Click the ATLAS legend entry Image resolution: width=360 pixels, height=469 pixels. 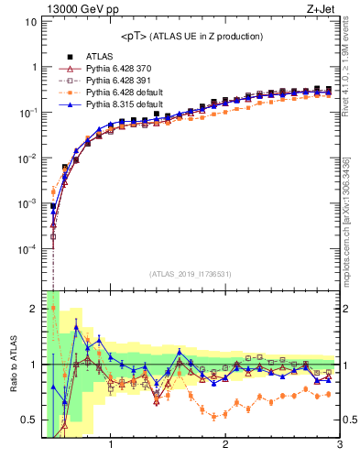coord(100,57)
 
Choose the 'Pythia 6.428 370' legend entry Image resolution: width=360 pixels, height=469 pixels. coord(118,69)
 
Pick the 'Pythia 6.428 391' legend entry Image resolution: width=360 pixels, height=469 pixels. coord(118,81)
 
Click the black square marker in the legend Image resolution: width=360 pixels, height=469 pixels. coord(66,57)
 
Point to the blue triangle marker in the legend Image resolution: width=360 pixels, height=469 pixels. coord(66,104)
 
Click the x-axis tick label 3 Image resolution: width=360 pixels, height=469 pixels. coord(339,446)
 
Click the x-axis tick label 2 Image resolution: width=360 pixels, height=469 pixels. coord(225,446)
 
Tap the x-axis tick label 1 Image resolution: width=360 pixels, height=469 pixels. coord(111,446)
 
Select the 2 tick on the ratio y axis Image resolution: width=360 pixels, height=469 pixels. coord(33,309)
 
